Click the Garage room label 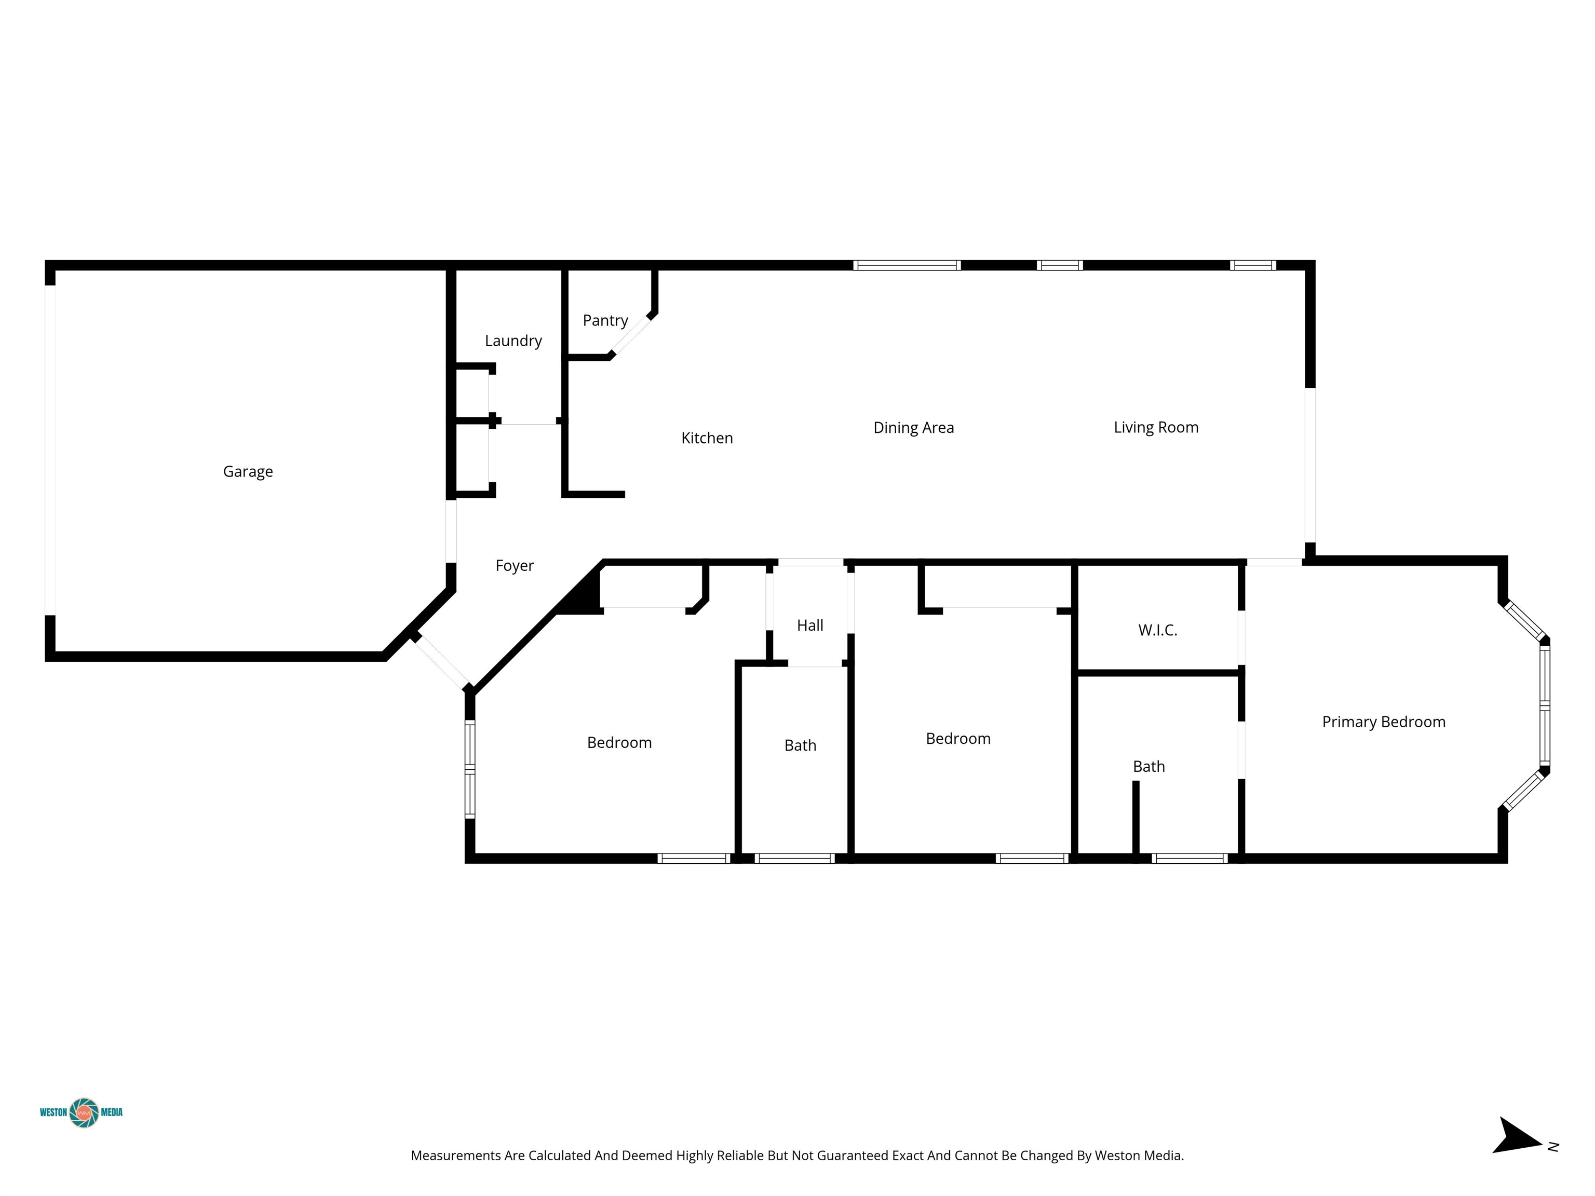[x=248, y=471]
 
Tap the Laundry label [x=513, y=341]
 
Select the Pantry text [x=606, y=321]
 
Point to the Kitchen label [x=707, y=438]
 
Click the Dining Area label [x=914, y=428]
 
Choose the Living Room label [x=1156, y=428]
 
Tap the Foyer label [x=515, y=566]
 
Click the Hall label [x=810, y=625]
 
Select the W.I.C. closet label [x=1158, y=630]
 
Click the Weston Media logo [x=82, y=1112]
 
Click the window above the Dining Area [x=907, y=265]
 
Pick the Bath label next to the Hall [x=801, y=745]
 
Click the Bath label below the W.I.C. [x=1148, y=766]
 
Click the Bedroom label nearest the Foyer [x=619, y=742]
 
